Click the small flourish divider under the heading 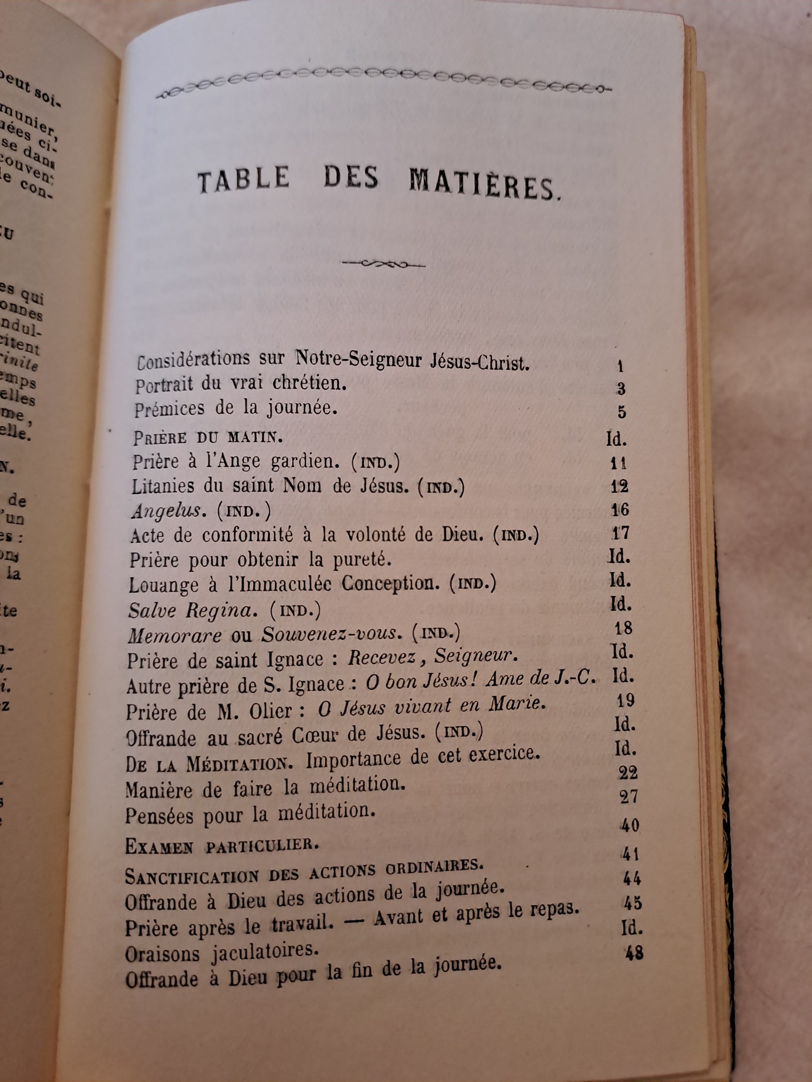point(383,265)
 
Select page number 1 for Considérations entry point(620,366)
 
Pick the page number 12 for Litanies point(620,486)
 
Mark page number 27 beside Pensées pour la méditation point(628,798)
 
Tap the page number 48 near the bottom point(634,953)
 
